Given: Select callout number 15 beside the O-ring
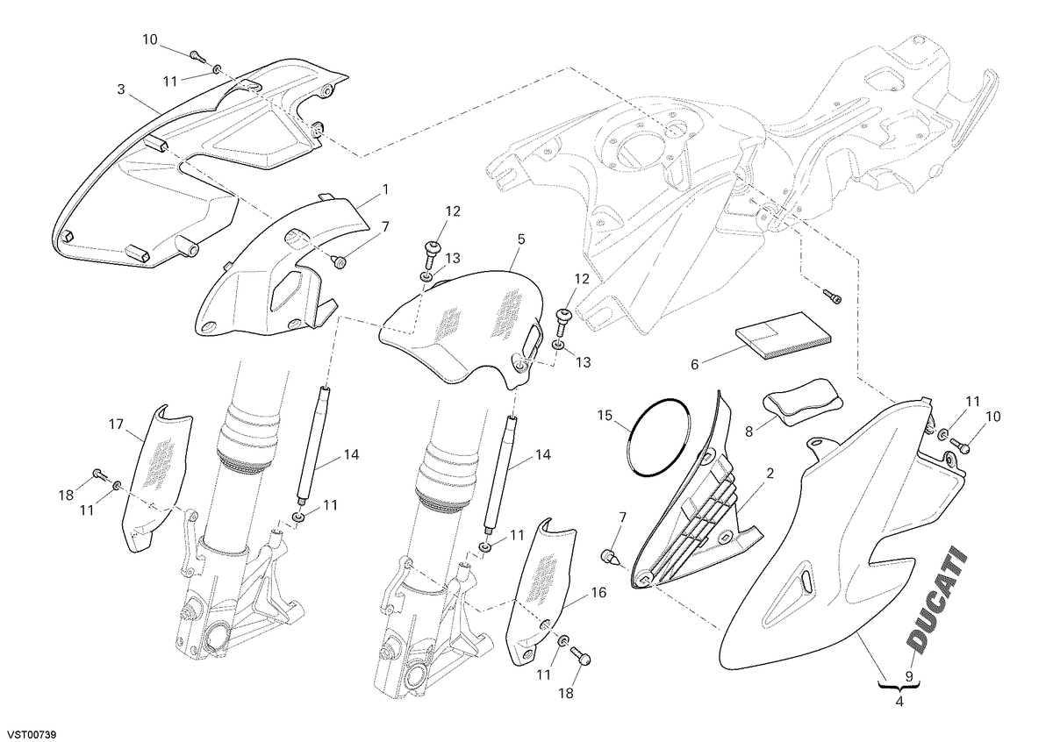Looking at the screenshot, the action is click(x=605, y=416).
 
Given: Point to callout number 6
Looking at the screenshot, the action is click(x=694, y=364).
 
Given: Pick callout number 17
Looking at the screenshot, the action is click(x=116, y=425).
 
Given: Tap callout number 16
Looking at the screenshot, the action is click(x=598, y=593).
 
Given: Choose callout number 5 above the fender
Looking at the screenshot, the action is click(x=521, y=239).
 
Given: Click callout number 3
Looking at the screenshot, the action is click(x=121, y=89).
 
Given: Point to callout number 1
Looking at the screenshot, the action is click(x=385, y=189).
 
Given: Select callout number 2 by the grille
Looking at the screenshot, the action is click(x=770, y=474).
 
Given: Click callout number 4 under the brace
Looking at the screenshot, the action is click(x=899, y=715).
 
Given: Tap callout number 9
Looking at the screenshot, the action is click(x=909, y=689).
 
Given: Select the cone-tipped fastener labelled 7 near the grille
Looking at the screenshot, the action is click(x=612, y=558).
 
